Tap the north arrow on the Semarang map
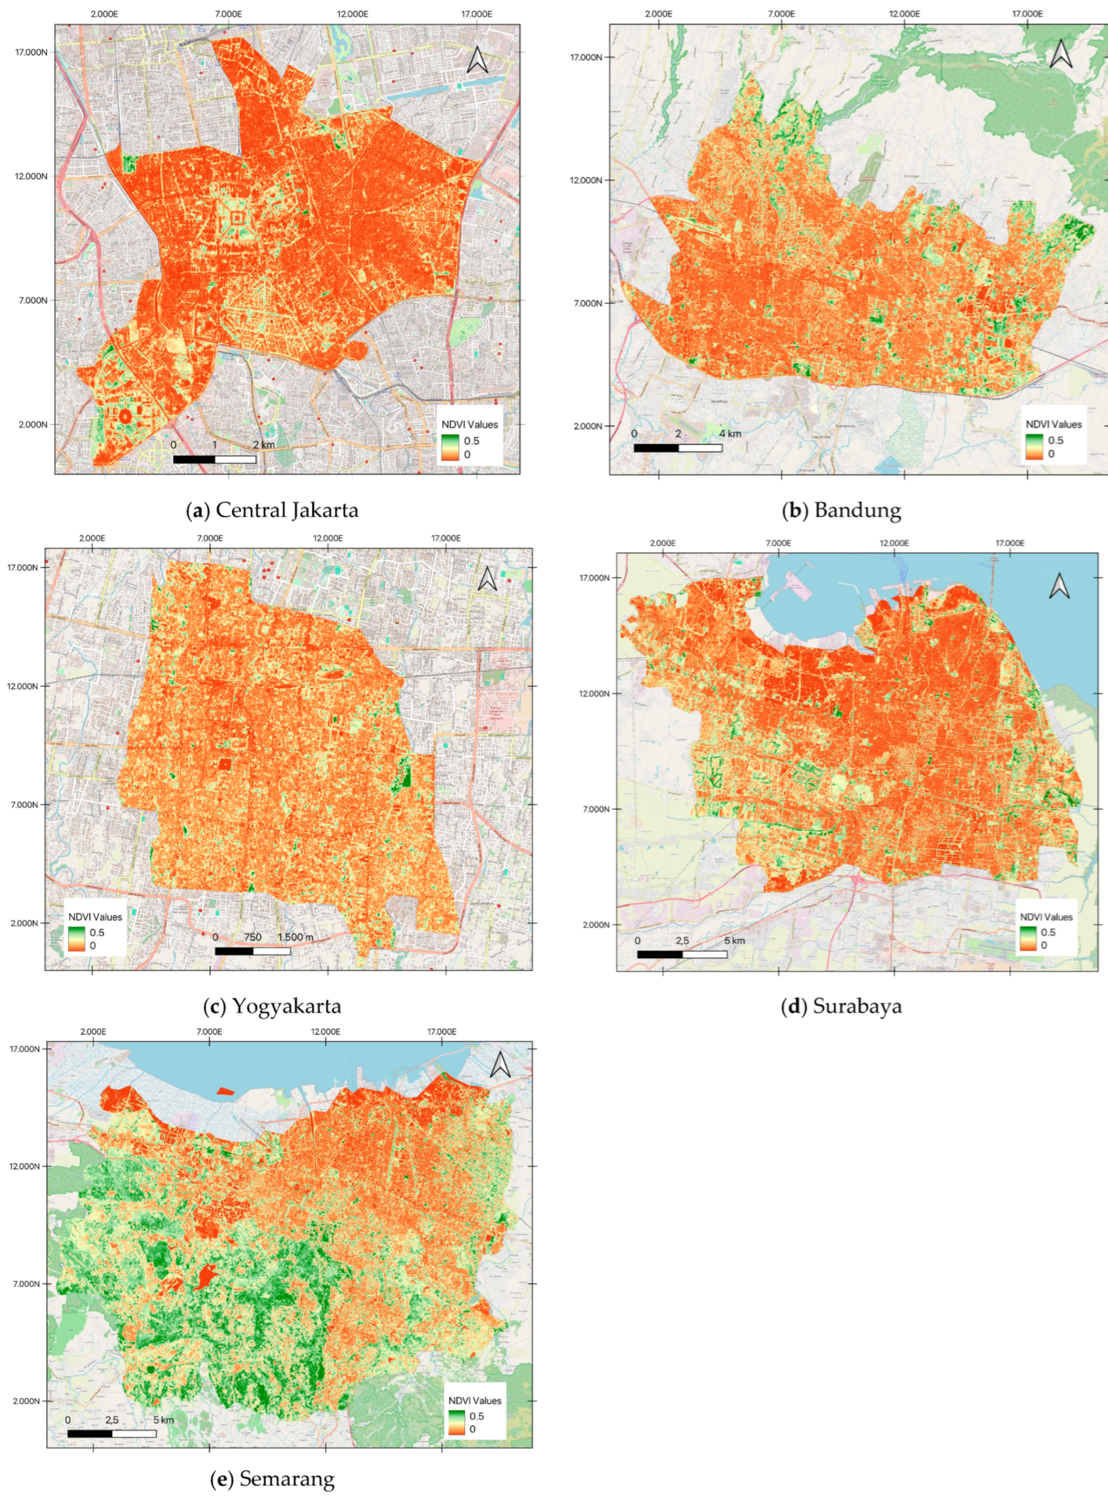coord(501,1064)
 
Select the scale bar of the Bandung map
coord(678,448)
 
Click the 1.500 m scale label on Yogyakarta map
coord(295,937)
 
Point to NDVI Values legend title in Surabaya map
coord(1046,917)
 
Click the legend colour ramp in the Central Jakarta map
coord(450,447)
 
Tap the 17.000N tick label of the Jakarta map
coord(31,52)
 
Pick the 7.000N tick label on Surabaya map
coord(594,809)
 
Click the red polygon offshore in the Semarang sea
coord(226,1091)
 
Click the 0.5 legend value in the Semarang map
coord(476,1416)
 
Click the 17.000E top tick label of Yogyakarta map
coord(445,538)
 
